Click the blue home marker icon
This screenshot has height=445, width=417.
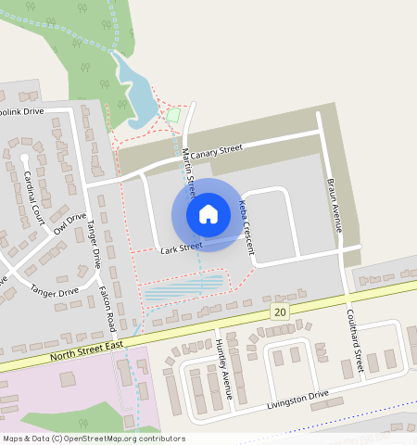208,214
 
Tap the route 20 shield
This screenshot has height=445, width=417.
280,313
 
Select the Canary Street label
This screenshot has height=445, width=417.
216,149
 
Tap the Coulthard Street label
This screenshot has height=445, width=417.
354,340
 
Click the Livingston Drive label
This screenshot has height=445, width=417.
297,400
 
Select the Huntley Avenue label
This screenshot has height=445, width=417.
223,366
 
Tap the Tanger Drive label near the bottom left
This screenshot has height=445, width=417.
55,291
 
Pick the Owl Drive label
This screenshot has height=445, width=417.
69,223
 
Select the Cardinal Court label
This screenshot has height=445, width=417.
34,194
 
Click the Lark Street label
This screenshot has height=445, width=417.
181,248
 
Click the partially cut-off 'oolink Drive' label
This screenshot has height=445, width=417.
21,112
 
